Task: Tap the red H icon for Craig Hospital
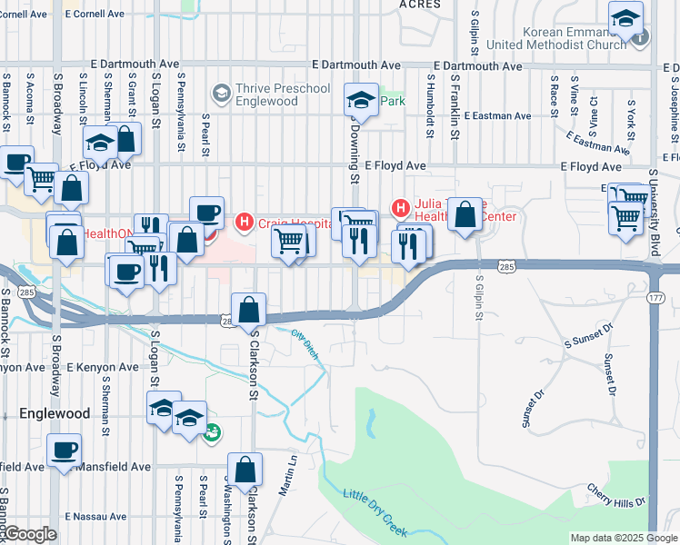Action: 244,221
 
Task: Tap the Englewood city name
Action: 55,413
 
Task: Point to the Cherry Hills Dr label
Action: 615,495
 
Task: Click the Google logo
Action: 30,534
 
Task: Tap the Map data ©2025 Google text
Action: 623,538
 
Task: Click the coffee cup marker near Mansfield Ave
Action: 64,451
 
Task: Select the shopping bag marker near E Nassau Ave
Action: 245,470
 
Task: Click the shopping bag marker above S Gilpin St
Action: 465,215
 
